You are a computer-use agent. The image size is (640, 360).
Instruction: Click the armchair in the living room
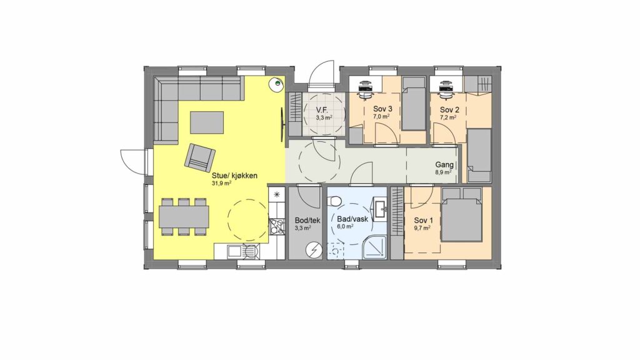pyautogui.click(x=199, y=157)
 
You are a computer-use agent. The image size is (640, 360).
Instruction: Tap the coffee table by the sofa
pyautogui.click(x=207, y=122)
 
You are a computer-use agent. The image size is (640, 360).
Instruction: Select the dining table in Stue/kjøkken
pyautogui.click(x=184, y=217)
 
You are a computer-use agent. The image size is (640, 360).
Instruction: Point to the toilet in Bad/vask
pyautogui.click(x=335, y=201)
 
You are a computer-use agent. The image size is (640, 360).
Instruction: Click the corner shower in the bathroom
pyautogui.click(x=374, y=247)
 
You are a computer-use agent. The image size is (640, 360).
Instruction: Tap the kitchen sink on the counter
pyautogui.click(x=235, y=251)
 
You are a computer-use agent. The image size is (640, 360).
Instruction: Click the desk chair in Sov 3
pyautogui.click(x=364, y=90)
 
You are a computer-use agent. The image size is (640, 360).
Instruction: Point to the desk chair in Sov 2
pyautogui.click(x=445, y=90)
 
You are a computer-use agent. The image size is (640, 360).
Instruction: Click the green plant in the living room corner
pyautogui.click(x=277, y=84)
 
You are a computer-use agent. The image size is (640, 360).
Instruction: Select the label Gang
pyautogui.click(x=444, y=165)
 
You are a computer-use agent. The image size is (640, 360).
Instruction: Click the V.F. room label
pyautogui.click(x=323, y=110)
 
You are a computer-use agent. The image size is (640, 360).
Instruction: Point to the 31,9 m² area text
pyautogui.click(x=222, y=183)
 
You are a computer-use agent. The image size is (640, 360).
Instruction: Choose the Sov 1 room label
pyautogui.click(x=424, y=221)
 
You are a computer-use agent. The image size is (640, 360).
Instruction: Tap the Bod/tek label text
pyautogui.click(x=307, y=221)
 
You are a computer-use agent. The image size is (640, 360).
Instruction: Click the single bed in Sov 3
pyautogui.click(x=414, y=104)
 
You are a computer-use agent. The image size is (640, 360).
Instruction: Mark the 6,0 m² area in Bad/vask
pyautogui.click(x=345, y=227)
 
